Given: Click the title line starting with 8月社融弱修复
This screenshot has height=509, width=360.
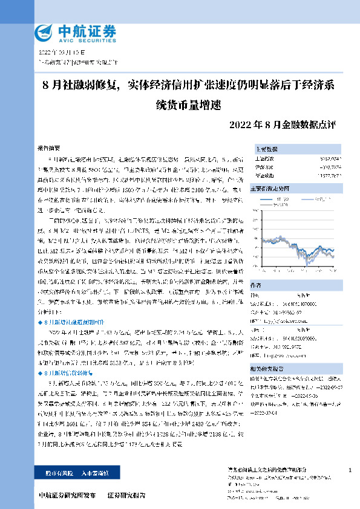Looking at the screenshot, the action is point(188,83).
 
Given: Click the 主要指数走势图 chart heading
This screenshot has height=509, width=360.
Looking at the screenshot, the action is point(272,188).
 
